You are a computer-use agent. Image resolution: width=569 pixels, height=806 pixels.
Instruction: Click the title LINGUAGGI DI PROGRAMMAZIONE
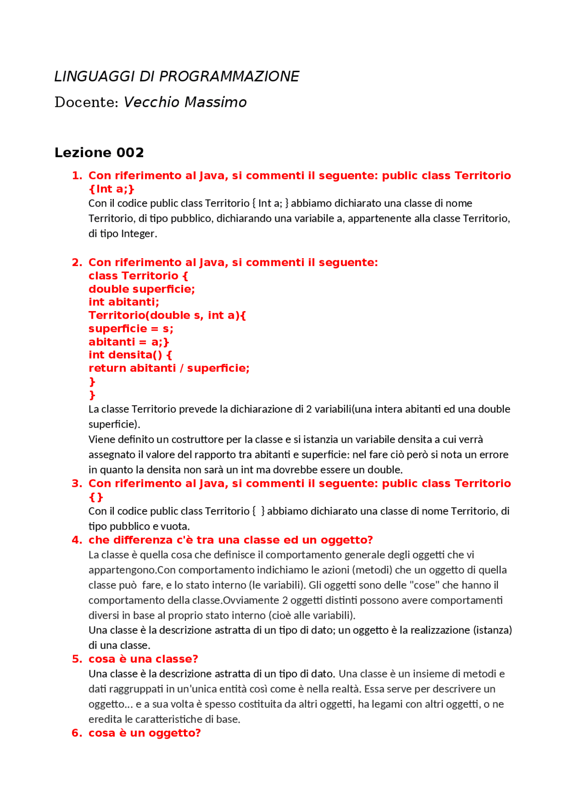click(x=176, y=77)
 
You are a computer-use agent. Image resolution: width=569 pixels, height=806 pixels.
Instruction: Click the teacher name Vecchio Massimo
click(x=185, y=102)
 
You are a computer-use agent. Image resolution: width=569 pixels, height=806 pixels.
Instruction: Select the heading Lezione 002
click(x=99, y=153)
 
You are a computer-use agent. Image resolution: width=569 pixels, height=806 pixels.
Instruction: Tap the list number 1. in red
click(x=77, y=176)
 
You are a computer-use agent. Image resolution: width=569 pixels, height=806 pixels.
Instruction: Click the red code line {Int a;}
click(x=111, y=189)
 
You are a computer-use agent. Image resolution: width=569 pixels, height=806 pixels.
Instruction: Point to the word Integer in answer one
click(x=139, y=234)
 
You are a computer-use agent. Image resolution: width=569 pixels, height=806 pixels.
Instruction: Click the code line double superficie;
click(x=141, y=289)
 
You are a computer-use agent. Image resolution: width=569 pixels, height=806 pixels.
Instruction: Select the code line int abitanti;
click(x=124, y=302)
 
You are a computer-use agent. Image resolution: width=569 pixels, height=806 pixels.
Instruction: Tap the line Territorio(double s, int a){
click(x=167, y=316)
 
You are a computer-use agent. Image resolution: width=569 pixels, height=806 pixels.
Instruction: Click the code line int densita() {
click(x=130, y=355)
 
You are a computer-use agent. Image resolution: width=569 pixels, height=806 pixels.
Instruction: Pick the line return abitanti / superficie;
click(x=169, y=369)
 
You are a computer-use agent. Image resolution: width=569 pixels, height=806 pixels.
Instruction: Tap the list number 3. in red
click(x=77, y=484)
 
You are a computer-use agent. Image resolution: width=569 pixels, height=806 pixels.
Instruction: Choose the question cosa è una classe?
click(x=143, y=659)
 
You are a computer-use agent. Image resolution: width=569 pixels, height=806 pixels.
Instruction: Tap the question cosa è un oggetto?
click(x=144, y=733)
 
